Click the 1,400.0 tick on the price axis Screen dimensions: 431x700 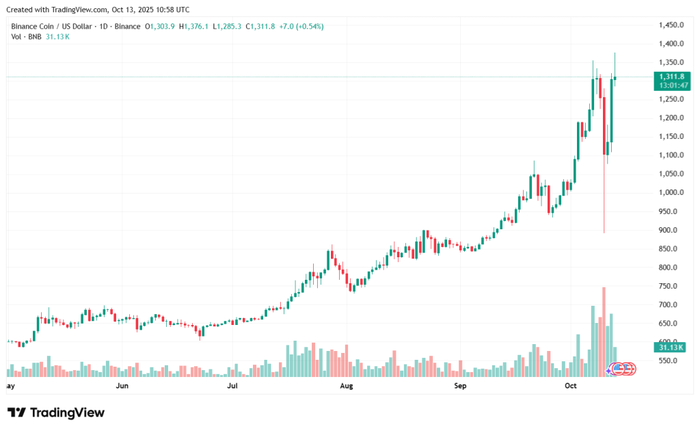click(671, 44)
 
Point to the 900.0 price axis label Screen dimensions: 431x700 click(669, 230)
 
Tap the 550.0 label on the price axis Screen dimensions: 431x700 click(669, 361)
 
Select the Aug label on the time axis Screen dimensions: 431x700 click(347, 387)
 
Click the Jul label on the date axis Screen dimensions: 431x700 click(232, 387)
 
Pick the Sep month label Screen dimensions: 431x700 click(460, 387)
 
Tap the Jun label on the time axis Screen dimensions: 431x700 click(122, 387)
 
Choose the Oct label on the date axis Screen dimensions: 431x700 click(571, 387)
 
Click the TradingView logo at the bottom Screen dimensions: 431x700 click(56, 413)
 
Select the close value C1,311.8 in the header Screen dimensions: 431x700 click(264, 27)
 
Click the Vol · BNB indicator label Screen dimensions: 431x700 click(25, 36)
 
